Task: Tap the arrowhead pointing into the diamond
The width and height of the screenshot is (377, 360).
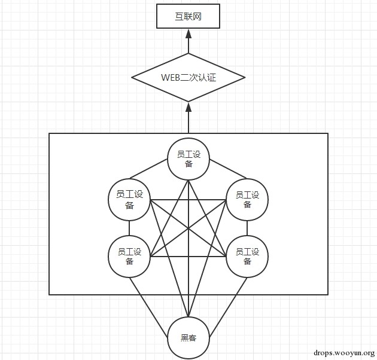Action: click(188, 107)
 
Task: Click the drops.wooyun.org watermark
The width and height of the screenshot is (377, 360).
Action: click(344, 353)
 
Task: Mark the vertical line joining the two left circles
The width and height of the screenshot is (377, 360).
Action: click(129, 228)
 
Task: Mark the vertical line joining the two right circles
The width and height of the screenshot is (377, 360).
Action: click(247, 228)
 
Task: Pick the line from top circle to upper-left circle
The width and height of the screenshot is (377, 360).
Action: click(148, 169)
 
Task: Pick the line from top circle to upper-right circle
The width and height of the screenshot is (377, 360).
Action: click(229, 169)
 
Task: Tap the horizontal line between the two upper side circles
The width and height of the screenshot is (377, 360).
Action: click(188, 200)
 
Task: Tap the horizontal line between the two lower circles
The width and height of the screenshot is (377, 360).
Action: click(188, 257)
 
